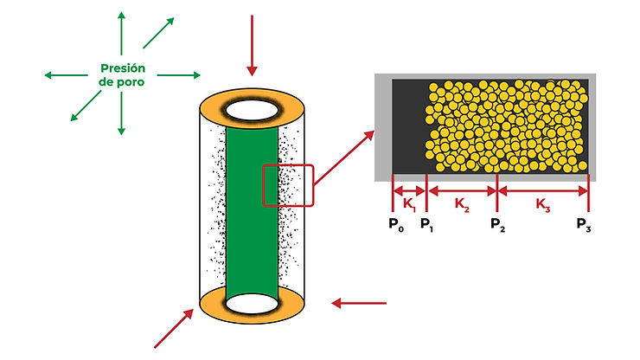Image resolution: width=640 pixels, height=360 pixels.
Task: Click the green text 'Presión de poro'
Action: pyautogui.click(x=121, y=75)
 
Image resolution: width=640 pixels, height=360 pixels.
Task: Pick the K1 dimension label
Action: pyautogui.click(x=409, y=204)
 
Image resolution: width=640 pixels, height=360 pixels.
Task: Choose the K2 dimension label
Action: pyautogui.click(x=463, y=204)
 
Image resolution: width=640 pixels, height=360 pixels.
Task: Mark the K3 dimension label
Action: pyautogui.click(x=543, y=204)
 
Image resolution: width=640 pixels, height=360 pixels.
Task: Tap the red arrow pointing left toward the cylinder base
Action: pyautogui.click(x=360, y=303)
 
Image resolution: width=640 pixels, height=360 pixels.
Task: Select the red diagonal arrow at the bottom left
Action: pyautogui.click(x=174, y=328)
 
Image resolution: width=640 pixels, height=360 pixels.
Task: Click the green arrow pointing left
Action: pyautogui.click(x=66, y=75)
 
